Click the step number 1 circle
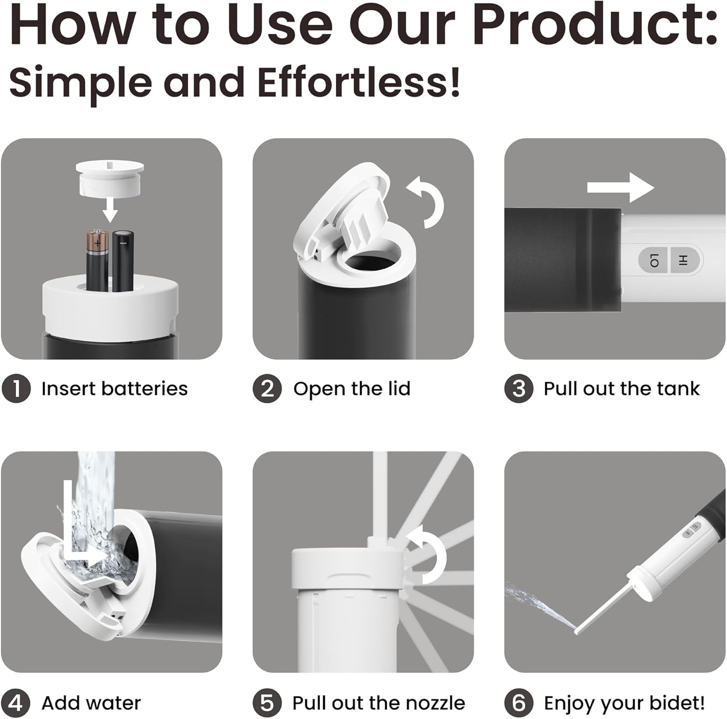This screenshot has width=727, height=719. tap(16, 389)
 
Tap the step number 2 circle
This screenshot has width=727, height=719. tap(267, 389)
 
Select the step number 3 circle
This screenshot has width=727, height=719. tap(519, 389)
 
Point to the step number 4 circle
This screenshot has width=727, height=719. tap(16, 703)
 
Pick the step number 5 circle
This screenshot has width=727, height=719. tap(267, 703)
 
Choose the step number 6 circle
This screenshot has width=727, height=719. tap(519, 703)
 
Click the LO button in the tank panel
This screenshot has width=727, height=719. tap(653, 260)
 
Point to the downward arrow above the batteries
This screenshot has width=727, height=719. tap(111, 208)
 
